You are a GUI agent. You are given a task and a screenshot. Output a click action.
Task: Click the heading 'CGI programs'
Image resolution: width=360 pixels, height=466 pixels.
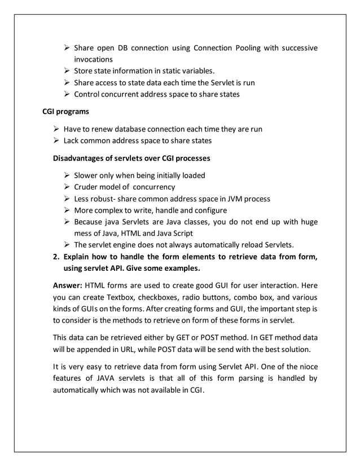click(x=66, y=112)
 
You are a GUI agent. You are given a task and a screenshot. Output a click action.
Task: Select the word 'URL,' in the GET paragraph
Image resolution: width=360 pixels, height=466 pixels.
click(x=133, y=349)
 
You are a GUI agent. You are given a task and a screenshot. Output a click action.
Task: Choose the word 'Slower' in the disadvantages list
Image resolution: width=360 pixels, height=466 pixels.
click(x=87, y=175)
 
